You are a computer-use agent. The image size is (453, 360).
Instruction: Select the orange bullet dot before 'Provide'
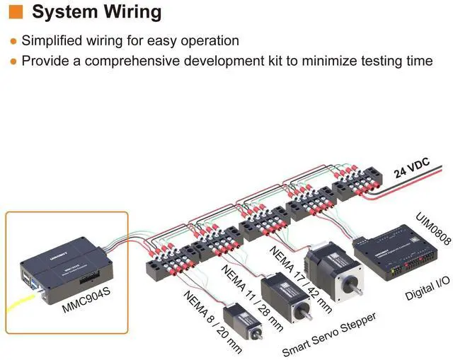tap(13, 62)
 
